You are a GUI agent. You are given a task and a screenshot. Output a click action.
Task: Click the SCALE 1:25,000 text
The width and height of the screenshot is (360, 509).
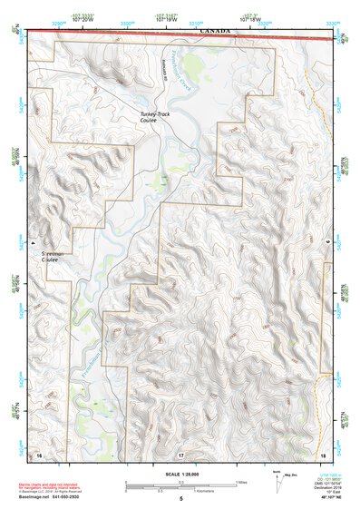180,475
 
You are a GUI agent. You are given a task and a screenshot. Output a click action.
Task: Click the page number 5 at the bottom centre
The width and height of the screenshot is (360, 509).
180,498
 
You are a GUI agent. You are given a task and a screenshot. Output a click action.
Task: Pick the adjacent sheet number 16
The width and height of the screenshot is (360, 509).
38,453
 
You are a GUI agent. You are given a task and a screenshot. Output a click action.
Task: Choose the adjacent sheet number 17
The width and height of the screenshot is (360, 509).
180,453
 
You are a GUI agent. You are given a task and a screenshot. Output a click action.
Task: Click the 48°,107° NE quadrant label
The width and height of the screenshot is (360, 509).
322,497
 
